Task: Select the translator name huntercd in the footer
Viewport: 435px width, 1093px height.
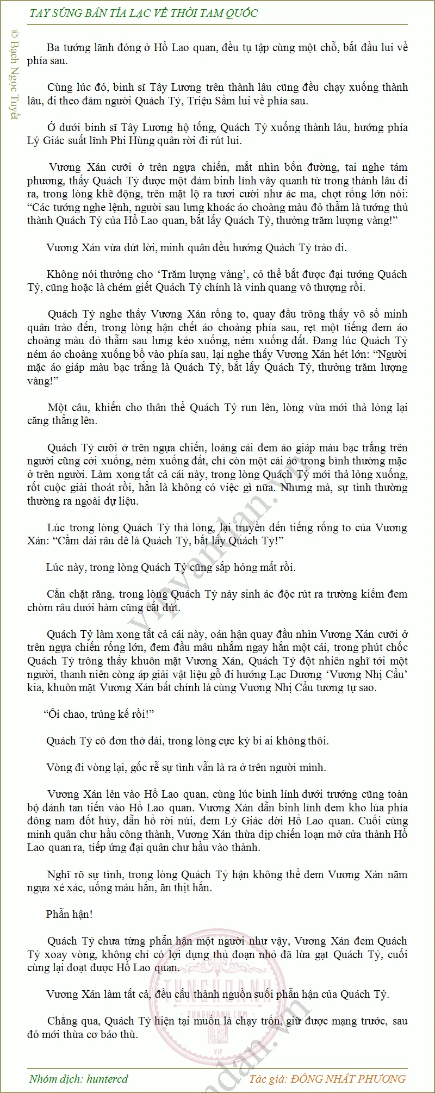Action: [x=107, y=1079]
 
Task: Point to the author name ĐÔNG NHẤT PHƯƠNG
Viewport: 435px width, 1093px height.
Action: [x=349, y=1079]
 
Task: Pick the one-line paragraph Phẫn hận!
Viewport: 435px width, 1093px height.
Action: [x=69, y=914]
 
